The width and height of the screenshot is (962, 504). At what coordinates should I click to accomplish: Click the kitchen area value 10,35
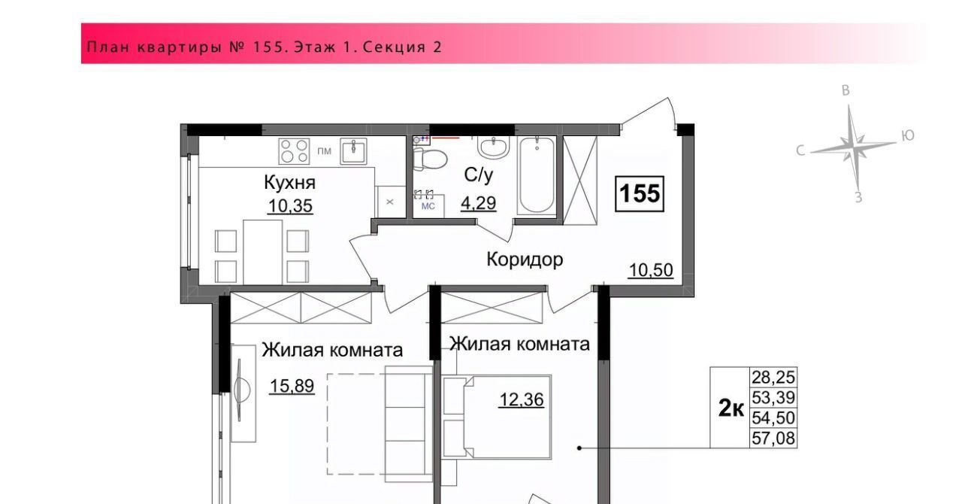(290, 206)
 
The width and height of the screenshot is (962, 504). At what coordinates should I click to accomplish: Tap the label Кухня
(289, 183)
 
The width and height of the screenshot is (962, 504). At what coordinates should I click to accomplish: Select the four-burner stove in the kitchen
(294, 151)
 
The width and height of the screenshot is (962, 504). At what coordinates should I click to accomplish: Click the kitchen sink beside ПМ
(353, 151)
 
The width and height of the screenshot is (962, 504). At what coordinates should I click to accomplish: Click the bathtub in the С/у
(537, 175)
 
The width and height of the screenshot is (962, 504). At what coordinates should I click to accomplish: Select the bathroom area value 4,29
(479, 202)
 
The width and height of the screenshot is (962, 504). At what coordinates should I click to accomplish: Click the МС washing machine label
(428, 206)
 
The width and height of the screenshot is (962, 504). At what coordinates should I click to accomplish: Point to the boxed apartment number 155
(640, 193)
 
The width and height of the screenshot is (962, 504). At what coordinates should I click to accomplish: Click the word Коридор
(525, 260)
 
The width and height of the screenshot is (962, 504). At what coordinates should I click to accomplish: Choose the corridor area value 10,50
(651, 271)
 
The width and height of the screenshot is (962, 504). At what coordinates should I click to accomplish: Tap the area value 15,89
(292, 386)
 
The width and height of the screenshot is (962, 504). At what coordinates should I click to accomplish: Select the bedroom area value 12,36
(522, 400)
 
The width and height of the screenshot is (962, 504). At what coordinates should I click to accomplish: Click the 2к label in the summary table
(731, 408)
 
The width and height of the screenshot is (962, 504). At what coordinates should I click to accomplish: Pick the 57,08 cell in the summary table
(773, 439)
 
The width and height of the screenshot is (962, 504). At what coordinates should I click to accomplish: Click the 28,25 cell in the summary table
(773, 377)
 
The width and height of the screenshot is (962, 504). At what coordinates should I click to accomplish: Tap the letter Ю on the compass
(907, 136)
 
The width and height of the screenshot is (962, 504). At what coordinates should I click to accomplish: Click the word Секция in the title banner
(389, 47)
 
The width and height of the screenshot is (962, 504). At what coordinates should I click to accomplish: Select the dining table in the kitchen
(263, 252)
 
